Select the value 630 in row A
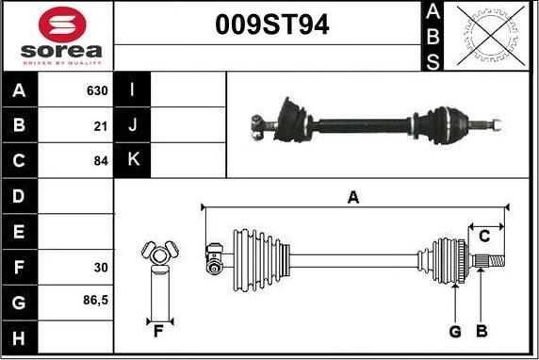point(97,91)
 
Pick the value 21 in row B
point(101,125)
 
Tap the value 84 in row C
point(101,161)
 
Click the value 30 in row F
point(101,268)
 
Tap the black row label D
point(19,197)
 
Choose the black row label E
point(19,232)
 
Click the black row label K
point(132,161)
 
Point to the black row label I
point(132,91)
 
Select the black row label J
point(132,125)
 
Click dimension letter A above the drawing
point(353,197)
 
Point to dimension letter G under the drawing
point(454,331)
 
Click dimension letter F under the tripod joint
point(158,331)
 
